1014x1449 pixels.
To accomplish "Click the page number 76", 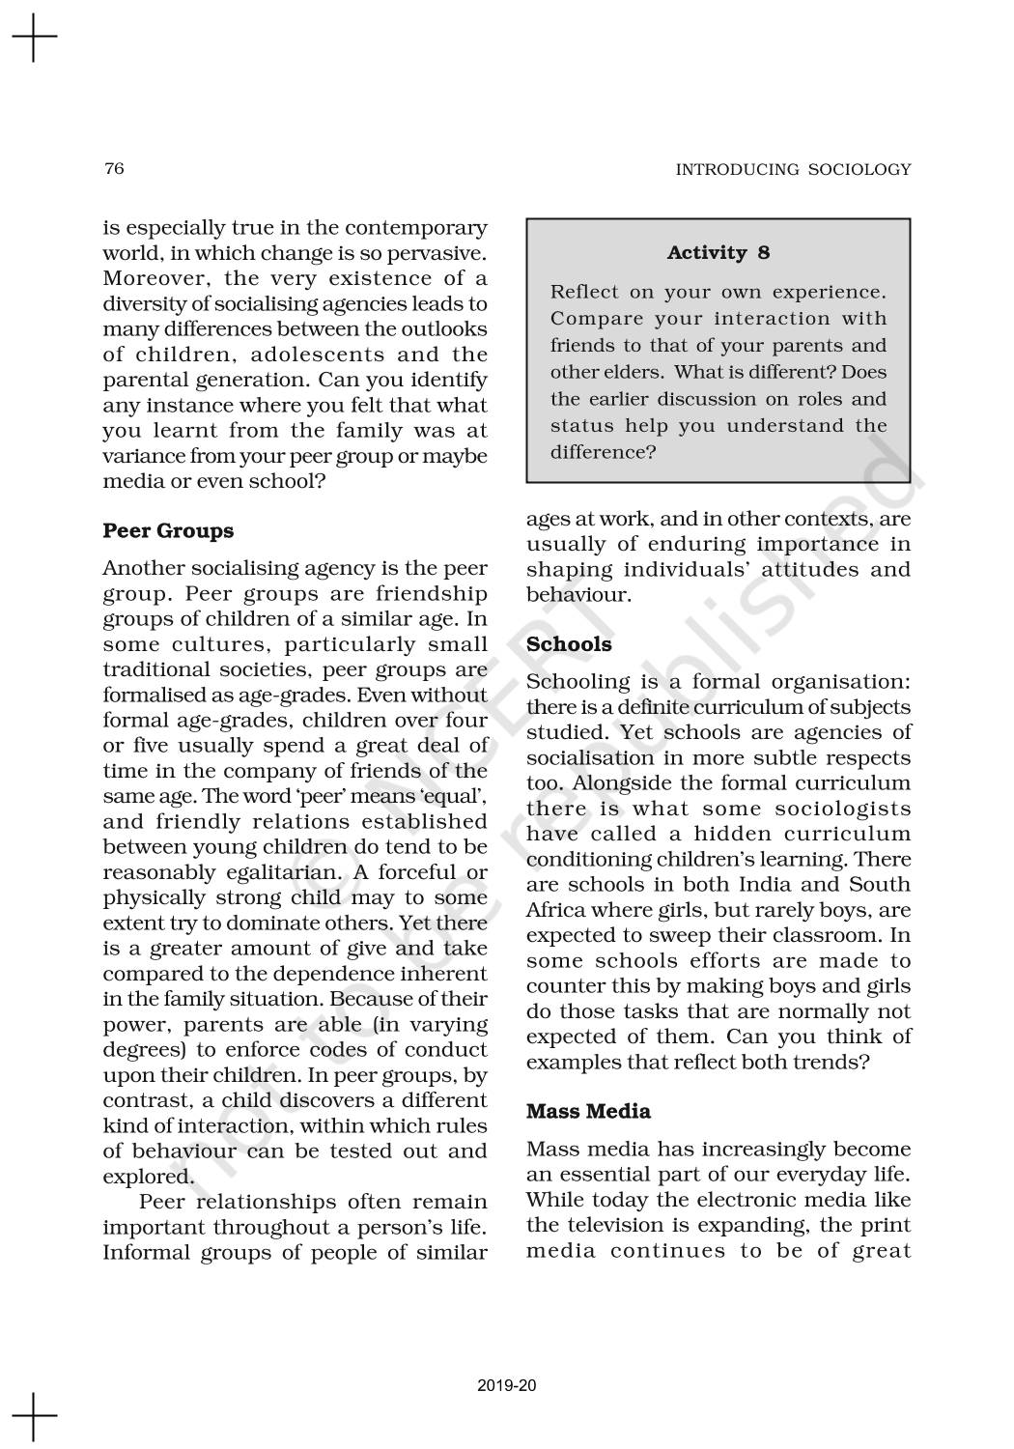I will point(114,169).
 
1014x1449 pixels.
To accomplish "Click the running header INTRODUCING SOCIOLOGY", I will point(792,170).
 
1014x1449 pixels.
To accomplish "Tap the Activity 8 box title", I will point(718,253).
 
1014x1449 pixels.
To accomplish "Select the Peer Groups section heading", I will point(168,531).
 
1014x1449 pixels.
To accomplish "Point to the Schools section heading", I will point(569,644).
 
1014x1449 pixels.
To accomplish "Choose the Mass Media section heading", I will point(588,1112).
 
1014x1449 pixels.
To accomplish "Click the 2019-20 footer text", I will point(507,1385).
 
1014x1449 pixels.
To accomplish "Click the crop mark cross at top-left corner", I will point(34,38).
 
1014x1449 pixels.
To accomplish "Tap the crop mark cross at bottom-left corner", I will point(34,1416).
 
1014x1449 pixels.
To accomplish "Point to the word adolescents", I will point(317,355).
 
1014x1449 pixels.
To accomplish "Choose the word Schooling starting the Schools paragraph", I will point(577,682).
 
